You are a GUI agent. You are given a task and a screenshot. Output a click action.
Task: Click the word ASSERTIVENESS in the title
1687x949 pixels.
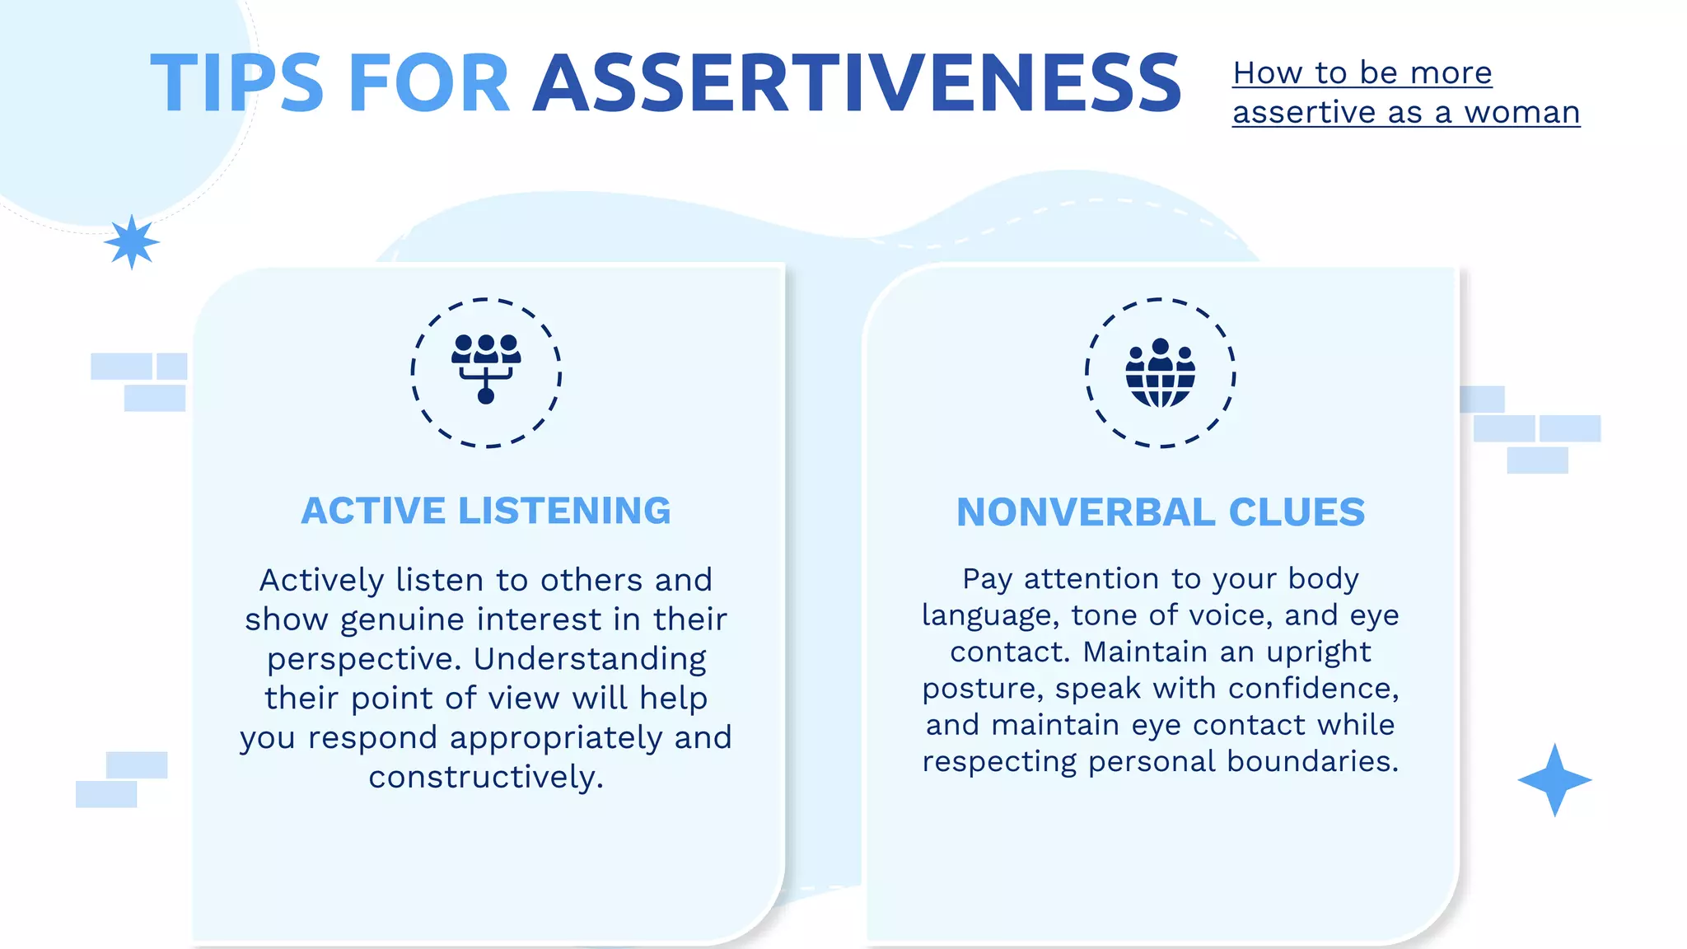pos(857,83)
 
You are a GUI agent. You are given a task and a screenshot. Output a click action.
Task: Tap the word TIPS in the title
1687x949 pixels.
pos(236,83)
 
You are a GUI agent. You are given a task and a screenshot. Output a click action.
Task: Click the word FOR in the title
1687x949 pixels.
pos(429,83)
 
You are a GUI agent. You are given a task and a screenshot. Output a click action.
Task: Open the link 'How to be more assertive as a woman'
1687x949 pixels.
pos(1404,92)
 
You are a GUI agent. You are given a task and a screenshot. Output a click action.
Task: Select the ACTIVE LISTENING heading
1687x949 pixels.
pos(486,511)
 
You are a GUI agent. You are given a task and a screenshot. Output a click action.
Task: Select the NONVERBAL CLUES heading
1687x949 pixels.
pos(1161,512)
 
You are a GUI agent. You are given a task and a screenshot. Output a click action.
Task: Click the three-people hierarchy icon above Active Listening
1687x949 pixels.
pos(486,368)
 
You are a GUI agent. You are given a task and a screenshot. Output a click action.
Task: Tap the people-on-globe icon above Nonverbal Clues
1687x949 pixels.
pos(1161,373)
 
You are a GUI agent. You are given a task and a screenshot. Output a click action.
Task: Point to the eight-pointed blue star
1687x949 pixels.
pos(132,242)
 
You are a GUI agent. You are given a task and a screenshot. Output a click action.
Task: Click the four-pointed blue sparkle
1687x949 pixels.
pos(1554,780)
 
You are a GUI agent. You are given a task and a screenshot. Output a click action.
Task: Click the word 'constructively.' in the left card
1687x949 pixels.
pos(486,777)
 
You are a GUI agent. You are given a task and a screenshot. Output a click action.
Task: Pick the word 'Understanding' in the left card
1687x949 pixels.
pos(590,659)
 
